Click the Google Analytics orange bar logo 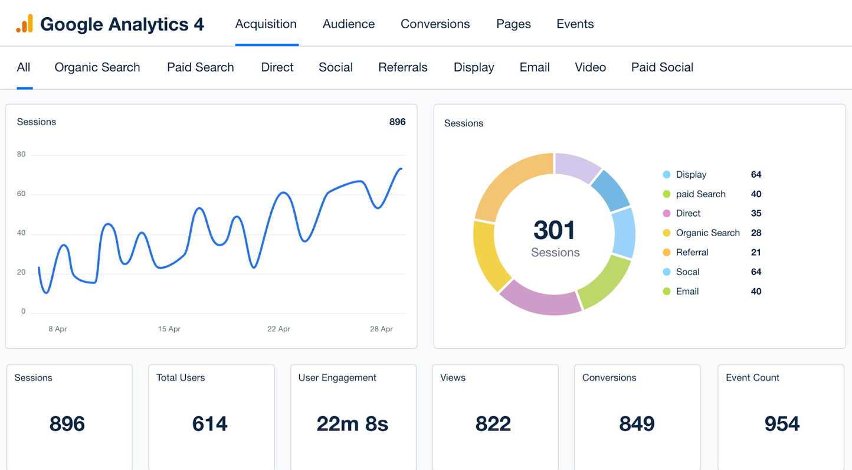point(25,24)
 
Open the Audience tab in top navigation point(348,24)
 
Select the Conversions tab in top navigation point(435,24)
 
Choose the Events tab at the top point(575,24)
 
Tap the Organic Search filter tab point(97,67)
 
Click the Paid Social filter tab point(662,67)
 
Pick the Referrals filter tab point(402,67)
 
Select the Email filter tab point(535,67)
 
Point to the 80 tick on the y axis point(21,155)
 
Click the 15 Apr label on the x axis point(169,329)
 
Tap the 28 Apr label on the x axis point(381,329)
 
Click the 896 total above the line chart point(397,122)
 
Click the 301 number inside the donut point(555,230)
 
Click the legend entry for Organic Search point(707,233)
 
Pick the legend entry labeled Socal point(687,272)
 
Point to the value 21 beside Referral point(756,252)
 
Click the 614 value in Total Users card point(210,424)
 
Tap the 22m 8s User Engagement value point(352,424)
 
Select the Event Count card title point(752,378)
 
